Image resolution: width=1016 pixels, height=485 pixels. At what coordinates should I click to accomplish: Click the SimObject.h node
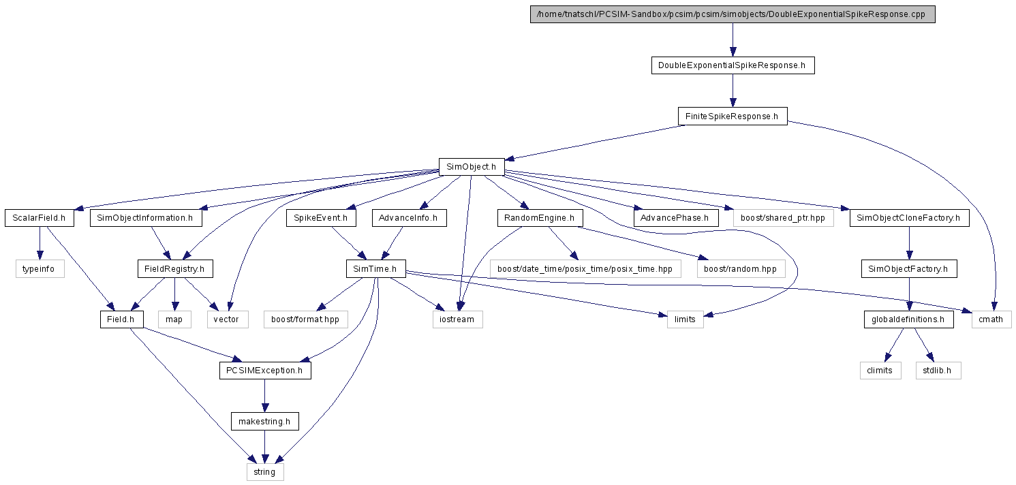472,167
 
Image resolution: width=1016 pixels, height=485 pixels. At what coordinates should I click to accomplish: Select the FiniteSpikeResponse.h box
733,116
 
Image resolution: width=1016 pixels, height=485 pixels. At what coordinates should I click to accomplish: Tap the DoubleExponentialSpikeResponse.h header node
733,65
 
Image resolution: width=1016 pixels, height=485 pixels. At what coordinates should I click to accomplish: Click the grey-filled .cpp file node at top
733,14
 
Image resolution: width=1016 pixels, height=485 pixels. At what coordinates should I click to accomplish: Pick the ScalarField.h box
40,218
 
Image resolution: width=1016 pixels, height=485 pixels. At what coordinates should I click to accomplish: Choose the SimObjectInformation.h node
146,218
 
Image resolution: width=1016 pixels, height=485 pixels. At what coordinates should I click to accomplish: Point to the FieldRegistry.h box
175,269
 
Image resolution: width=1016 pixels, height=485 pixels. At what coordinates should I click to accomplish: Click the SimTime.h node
375,269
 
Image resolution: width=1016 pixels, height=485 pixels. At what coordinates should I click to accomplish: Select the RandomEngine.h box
540,218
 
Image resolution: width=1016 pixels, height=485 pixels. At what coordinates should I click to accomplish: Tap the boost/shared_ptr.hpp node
784,218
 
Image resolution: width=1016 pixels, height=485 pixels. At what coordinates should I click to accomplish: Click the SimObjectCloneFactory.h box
909,218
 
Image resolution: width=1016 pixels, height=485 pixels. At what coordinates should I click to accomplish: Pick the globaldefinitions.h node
908,319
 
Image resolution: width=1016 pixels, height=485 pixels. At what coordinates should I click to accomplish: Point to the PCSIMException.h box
265,371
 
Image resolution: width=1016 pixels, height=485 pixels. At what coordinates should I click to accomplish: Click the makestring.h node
265,421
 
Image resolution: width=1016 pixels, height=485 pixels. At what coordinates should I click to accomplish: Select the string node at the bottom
265,472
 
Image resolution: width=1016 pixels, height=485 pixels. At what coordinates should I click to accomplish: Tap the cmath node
991,319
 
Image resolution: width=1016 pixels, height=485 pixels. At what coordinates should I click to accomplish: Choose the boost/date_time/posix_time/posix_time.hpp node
585,269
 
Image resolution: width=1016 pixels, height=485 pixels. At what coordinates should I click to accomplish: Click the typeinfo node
40,269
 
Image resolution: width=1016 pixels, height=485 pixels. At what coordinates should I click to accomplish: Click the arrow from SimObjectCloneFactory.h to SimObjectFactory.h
909,243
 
